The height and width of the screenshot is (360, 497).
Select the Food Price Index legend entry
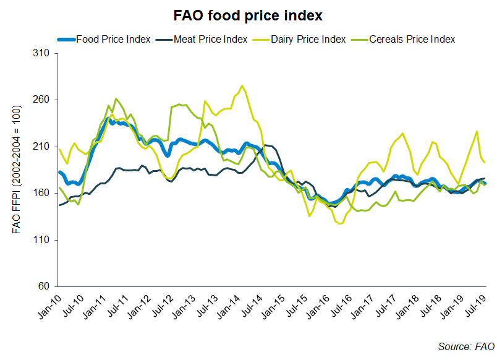pos(113,39)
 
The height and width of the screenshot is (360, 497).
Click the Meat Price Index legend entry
pos(210,39)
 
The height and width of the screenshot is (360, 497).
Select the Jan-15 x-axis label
pos(273,304)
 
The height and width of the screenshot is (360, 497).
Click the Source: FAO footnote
pos(467,346)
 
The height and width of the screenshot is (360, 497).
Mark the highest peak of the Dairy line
pos(242,86)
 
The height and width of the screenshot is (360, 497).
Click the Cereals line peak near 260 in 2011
pos(116,98)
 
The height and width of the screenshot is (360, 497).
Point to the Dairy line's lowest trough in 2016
pos(339,224)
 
